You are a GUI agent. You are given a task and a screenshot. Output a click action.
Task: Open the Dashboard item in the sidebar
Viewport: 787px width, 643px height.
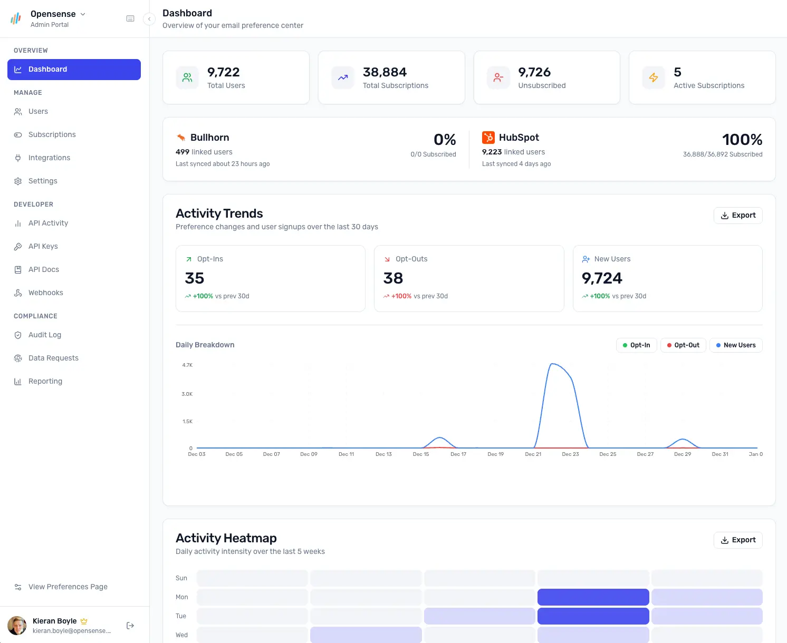coord(74,70)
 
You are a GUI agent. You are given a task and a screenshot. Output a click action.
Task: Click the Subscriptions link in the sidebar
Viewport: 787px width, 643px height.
coord(52,135)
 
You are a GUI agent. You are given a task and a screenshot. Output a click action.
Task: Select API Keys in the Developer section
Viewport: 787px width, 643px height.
coord(43,247)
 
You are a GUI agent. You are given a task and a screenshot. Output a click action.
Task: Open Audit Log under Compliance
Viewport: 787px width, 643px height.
coord(44,335)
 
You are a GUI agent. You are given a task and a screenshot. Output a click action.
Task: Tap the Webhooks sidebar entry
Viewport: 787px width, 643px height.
coord(45,293)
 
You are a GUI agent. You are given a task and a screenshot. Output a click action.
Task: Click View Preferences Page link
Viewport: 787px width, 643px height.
coord(68,587)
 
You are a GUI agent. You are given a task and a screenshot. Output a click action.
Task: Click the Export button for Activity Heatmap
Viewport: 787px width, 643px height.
coord(737,540)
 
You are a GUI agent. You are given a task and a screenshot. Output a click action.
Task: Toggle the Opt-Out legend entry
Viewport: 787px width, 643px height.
coord(683,345)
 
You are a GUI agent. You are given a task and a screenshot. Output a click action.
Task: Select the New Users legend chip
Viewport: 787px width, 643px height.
coord(735,345)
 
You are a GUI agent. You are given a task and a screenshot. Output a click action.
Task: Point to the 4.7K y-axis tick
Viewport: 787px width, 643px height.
coord(187,365)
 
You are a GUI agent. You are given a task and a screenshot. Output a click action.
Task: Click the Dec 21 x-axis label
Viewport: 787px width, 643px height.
coord(533,454)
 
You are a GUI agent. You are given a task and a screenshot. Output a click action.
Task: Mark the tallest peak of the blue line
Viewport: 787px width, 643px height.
coord(552,364)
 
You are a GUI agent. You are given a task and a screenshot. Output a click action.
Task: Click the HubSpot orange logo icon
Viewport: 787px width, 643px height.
coord(488,138)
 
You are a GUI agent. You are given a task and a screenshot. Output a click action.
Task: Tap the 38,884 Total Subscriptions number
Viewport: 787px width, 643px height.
coord(385,72)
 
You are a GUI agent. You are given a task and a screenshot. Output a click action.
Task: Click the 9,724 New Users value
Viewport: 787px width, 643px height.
coord(602,278)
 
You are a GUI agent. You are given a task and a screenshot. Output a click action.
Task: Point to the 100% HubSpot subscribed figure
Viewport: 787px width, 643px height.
coord(742,140)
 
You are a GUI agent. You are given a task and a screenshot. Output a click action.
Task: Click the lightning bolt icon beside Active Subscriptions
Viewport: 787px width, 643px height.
coord(654,78)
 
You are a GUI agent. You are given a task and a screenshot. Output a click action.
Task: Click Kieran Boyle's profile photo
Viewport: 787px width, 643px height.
coord(17,626)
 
